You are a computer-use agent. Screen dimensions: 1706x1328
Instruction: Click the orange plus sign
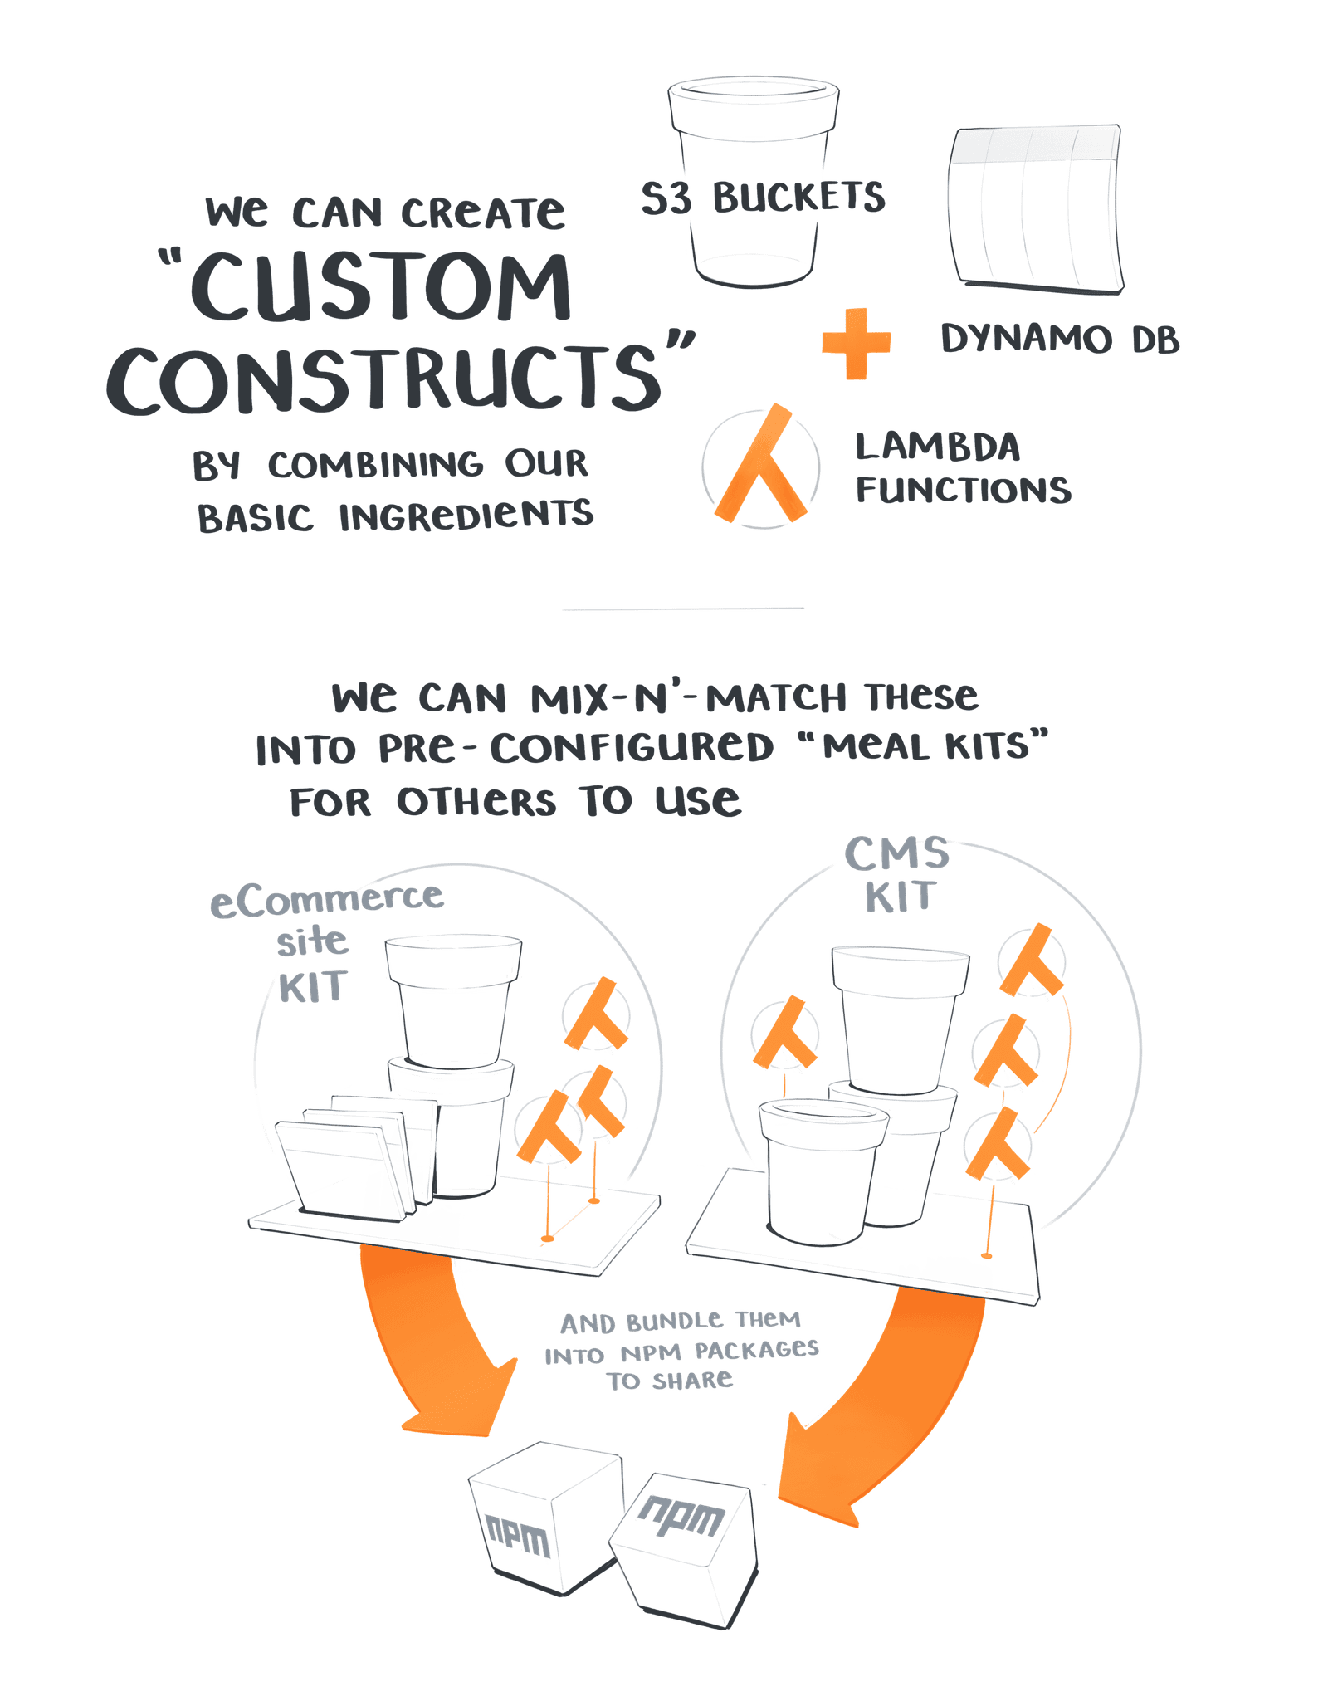click(856, 343)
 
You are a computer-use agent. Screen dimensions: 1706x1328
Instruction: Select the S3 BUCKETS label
click(763, 198)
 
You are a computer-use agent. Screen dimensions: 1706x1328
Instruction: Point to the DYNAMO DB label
click(1060, 339)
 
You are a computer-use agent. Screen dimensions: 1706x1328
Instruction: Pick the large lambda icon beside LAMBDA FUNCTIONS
click(761, 467)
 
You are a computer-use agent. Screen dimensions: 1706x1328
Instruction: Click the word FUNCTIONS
click(963, 491)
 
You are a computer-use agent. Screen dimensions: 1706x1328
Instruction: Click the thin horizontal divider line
click(682, 609)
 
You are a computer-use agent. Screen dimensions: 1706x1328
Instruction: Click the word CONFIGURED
click(632, 748)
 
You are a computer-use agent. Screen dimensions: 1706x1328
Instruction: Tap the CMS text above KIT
click(896, 853)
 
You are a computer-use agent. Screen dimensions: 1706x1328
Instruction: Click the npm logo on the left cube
click(517, 1536)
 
